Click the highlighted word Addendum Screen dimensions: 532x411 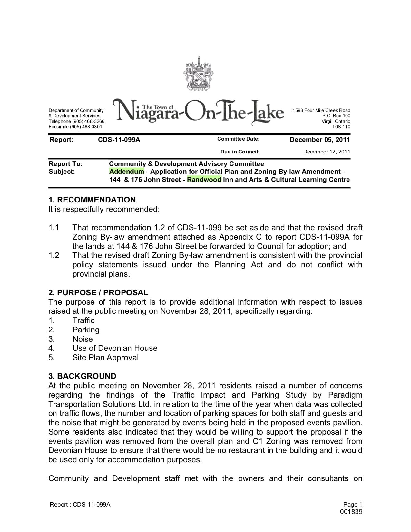pos(127,172)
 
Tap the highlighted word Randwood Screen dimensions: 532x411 pos(204,180)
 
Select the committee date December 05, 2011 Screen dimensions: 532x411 pos(319,140)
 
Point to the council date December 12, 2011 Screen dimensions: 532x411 pos(327,152)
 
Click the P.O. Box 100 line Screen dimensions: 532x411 pos(336,116)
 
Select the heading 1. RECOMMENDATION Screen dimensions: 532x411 pos(92,200)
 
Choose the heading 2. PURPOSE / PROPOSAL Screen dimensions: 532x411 pos(98,293)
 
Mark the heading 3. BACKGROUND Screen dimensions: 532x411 pos(82,376)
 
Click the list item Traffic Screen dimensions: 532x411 pos(83,320)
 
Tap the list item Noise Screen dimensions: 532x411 pos(83,339)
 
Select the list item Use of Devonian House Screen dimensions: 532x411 pos(115,348)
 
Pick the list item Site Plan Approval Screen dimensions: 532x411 pos(105,358)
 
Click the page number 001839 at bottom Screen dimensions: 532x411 pos(351,512)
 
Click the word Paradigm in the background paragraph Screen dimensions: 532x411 pos(345,395)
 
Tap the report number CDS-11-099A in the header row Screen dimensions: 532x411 pos(119,140)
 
